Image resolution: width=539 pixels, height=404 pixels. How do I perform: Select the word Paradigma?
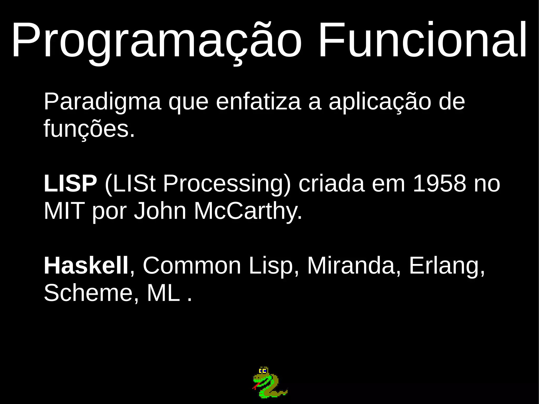tap(102, 102)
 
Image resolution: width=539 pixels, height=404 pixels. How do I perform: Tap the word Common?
tap(192, 266)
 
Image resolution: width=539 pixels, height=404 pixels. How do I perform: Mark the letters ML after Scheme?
tap(163, 293)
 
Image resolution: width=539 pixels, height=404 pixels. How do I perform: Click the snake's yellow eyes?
tap(263, 371)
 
